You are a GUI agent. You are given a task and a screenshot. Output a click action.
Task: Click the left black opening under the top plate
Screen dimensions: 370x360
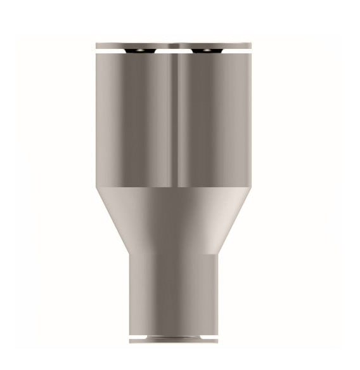135,50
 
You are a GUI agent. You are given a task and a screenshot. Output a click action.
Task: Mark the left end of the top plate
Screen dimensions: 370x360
98,45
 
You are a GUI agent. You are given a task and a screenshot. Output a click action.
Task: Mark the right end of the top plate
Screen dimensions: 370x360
250,45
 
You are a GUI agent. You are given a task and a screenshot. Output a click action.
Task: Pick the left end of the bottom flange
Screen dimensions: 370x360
131,341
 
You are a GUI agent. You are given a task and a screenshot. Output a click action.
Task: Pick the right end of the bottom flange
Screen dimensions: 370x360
216,341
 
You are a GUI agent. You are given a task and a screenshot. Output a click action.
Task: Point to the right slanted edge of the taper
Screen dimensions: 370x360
233,219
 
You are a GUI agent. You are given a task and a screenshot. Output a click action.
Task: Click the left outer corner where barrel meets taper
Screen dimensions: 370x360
97,188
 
